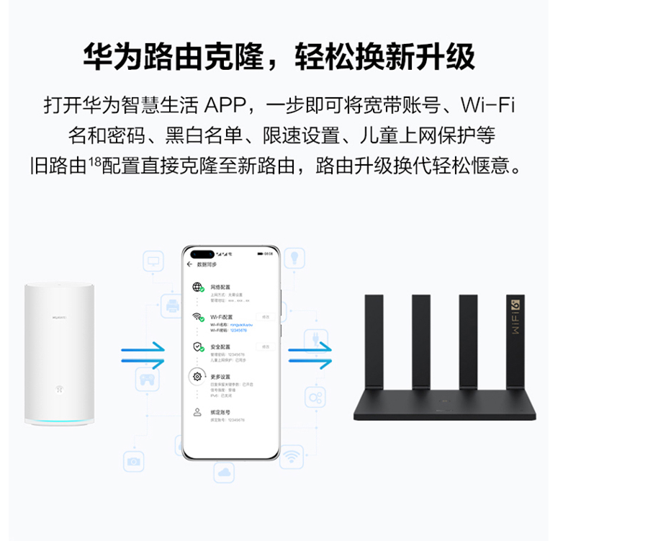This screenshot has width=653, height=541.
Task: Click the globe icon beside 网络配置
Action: pos(198,287)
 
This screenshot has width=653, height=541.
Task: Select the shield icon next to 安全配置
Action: pos(198,347)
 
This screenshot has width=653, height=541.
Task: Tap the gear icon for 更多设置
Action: pos(197,376)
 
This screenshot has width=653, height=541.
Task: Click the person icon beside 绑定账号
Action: pos(197,412)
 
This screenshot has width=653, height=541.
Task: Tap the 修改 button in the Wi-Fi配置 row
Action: pos(266,317)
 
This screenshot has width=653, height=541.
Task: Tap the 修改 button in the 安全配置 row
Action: pos(266,346)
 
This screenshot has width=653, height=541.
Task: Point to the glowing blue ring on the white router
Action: pos(60,419)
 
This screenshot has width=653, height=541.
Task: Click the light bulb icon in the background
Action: pos(294,257)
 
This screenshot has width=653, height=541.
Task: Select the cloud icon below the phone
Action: pos(224,473)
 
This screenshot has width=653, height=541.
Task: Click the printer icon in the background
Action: pos(172,305)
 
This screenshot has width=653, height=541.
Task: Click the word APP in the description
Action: pos(224,105)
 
